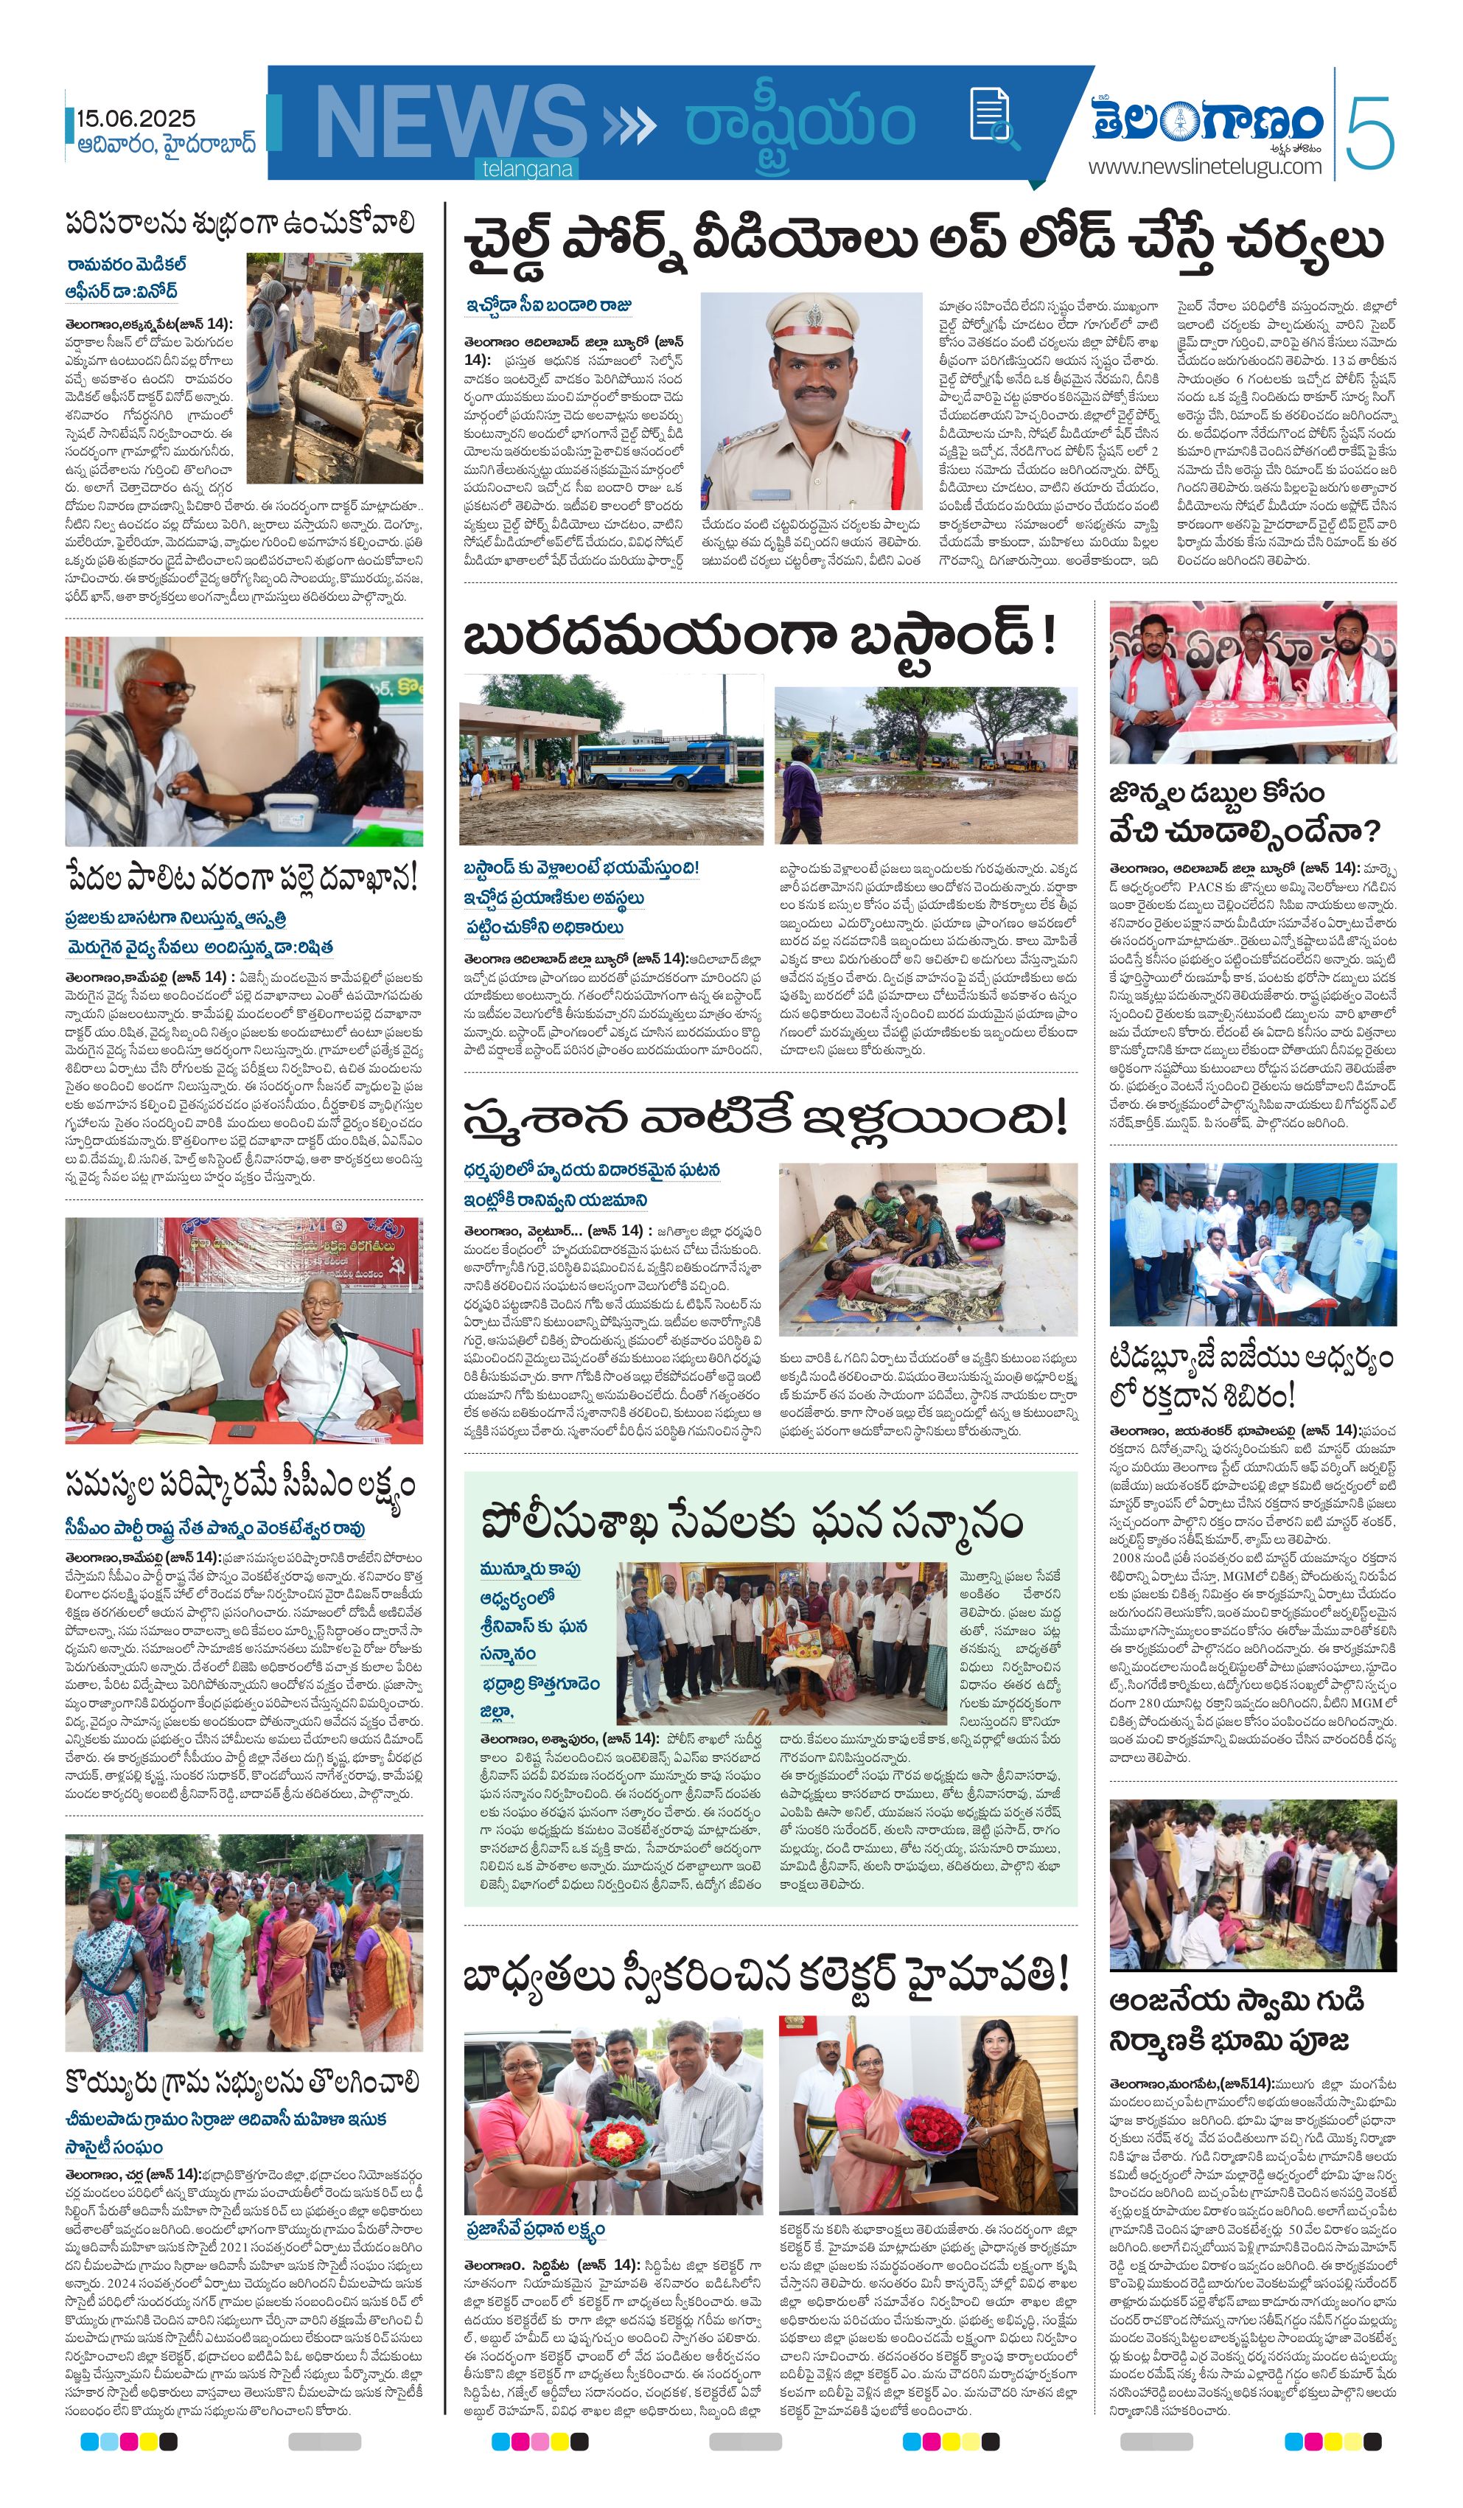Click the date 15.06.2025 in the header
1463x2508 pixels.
[136, 119]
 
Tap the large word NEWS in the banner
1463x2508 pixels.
[450, 122]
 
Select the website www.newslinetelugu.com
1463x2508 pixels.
[1204, 166]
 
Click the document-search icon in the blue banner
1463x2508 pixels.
[988, 114]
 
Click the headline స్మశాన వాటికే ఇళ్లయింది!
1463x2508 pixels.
[764, 1118]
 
